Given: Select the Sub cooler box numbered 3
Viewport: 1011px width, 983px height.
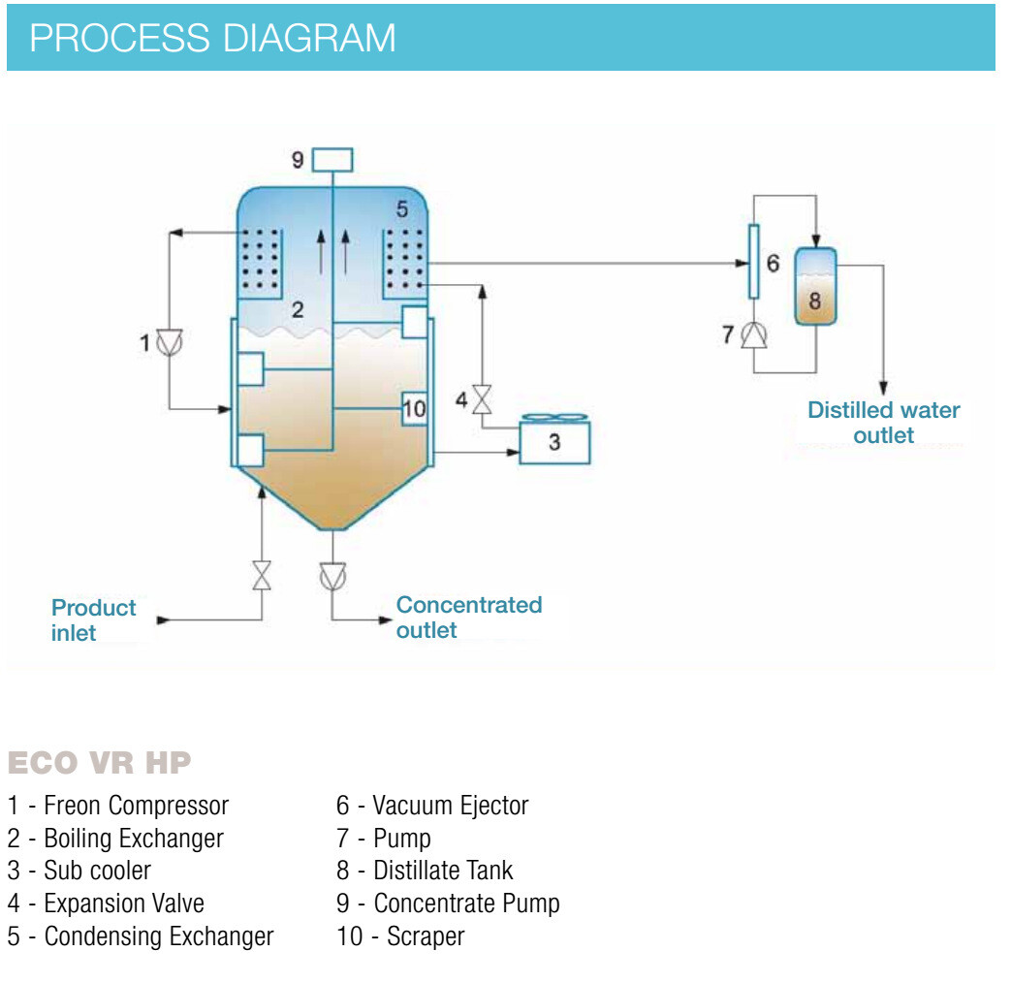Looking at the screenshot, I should pyautogui.click(x=554, y=443).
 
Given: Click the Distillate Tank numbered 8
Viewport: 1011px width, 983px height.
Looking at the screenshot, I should pyautogui.click(x=815, y=287).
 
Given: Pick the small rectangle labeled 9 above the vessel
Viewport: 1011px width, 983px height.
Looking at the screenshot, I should pyautogui.click(x=333, y=158).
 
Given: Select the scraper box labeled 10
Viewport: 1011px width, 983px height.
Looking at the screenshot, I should pyautogui.click(x=414, y=409).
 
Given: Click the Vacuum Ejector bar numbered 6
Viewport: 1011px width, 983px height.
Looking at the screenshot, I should pyautogui.click(x=752, y=262).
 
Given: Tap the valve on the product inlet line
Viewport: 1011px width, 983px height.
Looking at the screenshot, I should pyautogui.click(x=261, y=576).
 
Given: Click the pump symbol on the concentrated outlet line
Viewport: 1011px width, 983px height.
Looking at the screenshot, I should pyautogui.click(x=332, y=575).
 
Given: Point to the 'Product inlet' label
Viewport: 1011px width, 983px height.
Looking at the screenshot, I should pyautogui.click(x=93, y=620).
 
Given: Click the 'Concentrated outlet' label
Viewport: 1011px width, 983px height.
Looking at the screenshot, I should pyautogui.click(x=468, y=618).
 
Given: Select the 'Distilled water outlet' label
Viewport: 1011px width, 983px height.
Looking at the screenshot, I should pyautogui.click(x=884, y=423).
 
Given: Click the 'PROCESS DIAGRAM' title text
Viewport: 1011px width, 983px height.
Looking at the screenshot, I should pyautogui.click(x=212, y=39).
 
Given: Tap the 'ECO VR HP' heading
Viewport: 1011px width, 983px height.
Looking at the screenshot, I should pyautogui.click(x=99, y=763).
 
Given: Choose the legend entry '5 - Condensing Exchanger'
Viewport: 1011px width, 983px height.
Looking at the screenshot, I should pyautogui.click(x=141, y=936).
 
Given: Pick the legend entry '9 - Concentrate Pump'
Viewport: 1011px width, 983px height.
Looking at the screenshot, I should pyautogui.click(x=448, y=904).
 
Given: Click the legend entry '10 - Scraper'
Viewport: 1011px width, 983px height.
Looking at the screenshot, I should pyautogui.click(x=400, y=936).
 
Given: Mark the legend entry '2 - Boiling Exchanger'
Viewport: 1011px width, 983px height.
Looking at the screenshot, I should pyautogui.click(x=115, y=838).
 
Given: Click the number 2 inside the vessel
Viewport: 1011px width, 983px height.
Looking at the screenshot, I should pyautogui.click(x=298, y=310).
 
